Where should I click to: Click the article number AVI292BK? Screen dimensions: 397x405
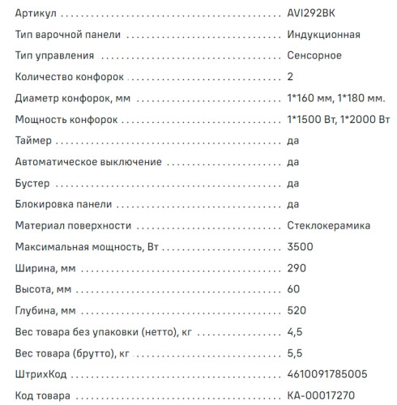click(x=312, y=15)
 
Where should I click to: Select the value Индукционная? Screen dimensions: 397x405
click(x=323, y=36)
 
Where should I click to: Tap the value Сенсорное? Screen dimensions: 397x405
click(x=314, y=56)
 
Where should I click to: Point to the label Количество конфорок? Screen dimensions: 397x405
click(x=70, y=77)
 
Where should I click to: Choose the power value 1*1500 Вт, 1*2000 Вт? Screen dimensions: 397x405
click(x=339, y=120)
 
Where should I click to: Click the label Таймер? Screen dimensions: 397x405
click(x=34, y=141)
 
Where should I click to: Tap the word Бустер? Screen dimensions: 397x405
click(x=33, y=183)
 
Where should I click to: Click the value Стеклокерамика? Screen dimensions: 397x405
click(x=327, y=225)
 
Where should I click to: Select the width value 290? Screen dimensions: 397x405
click(x=297, y=267)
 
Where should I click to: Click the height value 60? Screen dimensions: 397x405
click(x=293, y=288)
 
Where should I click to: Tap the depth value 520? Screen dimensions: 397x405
click(x=297, y=310)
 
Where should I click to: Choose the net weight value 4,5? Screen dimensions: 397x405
click(x=294, y=331)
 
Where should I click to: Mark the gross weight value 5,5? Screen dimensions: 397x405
click(x=294, y=352)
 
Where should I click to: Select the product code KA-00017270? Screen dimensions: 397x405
click(x=322, y=394)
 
